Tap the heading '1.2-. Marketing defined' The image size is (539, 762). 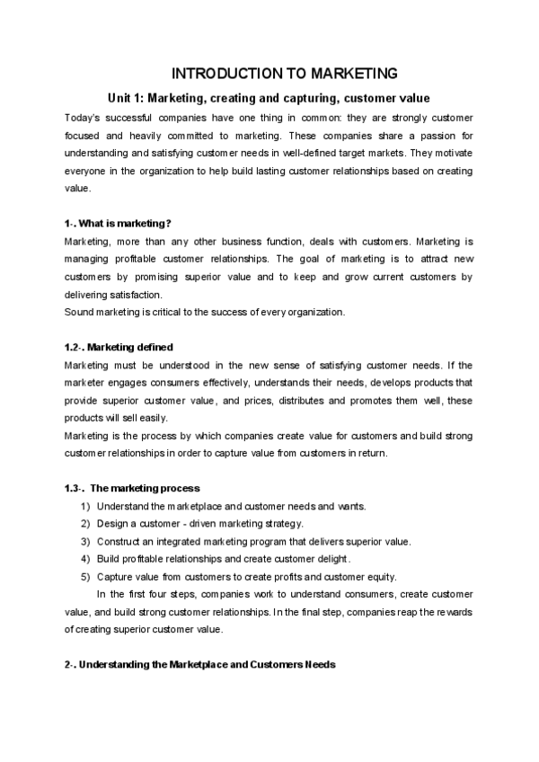pyautogui.click(x=119, y=347)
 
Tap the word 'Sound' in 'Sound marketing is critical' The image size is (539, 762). pyautogui.click(x=79, y=313)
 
